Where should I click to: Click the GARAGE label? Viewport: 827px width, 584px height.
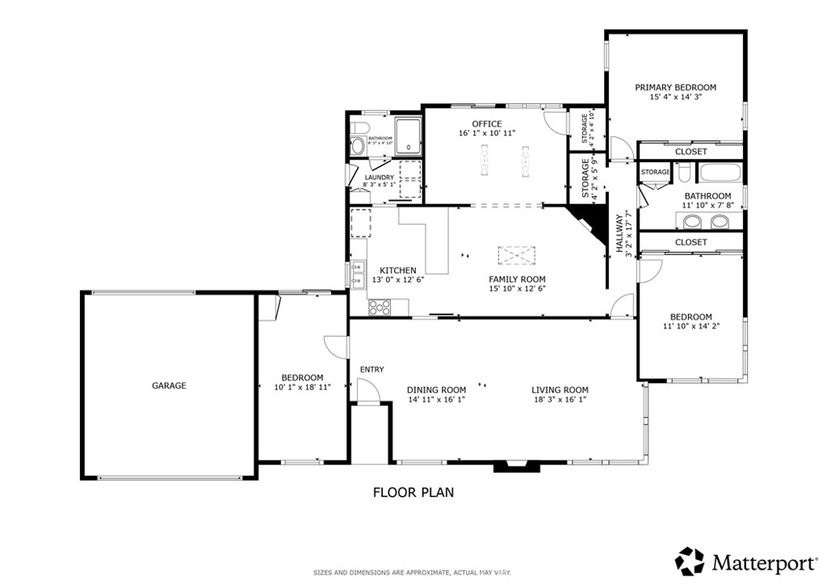click(x=169, y=386)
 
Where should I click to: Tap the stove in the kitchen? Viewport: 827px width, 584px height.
click(x=380, y=307)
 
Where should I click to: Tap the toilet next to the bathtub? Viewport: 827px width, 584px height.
click(x=683, y=173)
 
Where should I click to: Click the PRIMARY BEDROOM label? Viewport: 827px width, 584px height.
click(x=675, y=87)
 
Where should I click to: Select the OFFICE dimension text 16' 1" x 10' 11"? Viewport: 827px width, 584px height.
click(x=487, y=133)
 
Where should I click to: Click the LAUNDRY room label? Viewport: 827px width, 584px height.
click(x=379, y=177)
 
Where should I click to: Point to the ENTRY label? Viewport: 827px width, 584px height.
click(x=372, y=369)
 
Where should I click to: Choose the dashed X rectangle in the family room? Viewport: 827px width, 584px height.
click(x=517, y=256)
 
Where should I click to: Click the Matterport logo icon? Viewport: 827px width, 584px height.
click(x=690, y=561)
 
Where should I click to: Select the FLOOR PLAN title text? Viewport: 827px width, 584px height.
click(x=413, y=491)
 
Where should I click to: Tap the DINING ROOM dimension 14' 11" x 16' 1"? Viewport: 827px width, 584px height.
click(x=436, y=399)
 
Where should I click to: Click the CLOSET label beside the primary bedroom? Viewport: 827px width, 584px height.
click(x=691, y=152)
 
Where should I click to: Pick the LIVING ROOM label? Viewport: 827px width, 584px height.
click(x=560, y=390)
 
